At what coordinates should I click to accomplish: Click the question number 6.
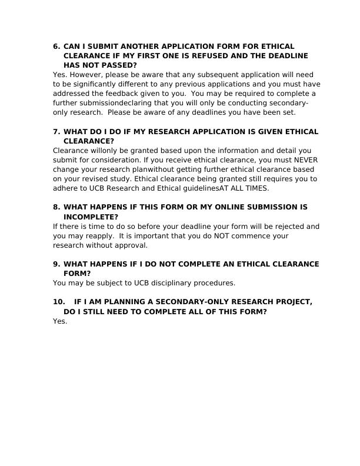click(56, 46)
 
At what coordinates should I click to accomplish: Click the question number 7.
click(56, 132)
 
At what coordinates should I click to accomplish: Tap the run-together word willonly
click(101, 151)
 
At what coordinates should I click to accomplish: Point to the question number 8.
click(56, 208)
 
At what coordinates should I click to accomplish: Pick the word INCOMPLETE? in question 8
click(91, 217)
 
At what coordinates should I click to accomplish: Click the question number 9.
click(56, 265)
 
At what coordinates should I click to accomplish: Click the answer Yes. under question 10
click(60, 321)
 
